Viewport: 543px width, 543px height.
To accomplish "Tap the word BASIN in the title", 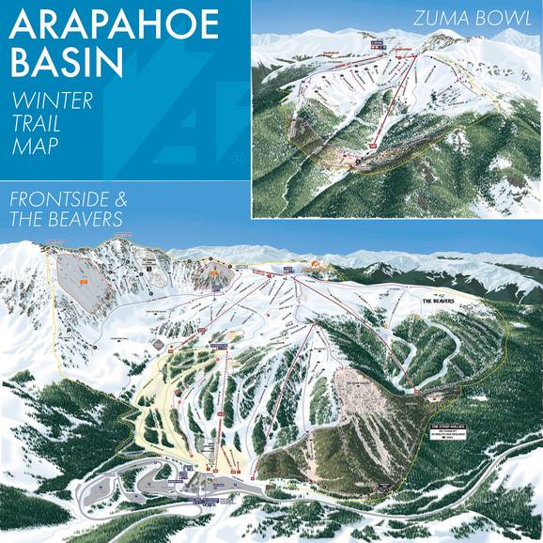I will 68,62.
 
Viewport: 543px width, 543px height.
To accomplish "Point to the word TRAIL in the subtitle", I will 37,123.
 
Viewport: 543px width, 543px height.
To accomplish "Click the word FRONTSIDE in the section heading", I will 66,200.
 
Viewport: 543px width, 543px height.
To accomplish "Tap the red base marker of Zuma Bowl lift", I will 370,147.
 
